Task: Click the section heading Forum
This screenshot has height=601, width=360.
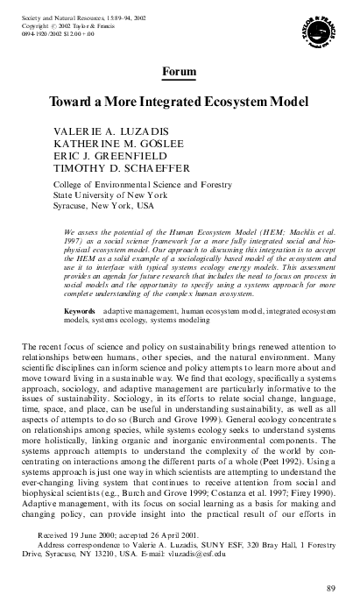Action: pos(180,69)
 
